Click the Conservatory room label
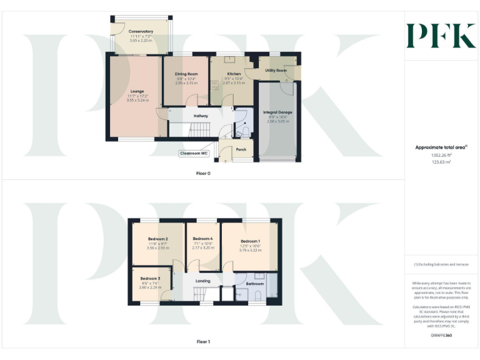[141, 31]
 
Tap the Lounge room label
[137, 91]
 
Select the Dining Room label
[186, 74]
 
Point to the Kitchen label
[234, 74]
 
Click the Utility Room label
[276, 71]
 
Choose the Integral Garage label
[278, 112]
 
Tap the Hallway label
[201, 116]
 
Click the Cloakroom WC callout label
[194, 153]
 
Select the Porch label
[241, 149]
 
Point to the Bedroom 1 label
[250, 241]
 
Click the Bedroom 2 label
[157, 239]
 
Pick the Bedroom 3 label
[150, 278]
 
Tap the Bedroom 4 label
[202, 239]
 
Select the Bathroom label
[255, 284]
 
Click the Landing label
[203, 281]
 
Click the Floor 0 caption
[203, 173]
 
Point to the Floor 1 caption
[203, 342]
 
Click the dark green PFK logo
[441, 36]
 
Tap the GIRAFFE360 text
[441, 336]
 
